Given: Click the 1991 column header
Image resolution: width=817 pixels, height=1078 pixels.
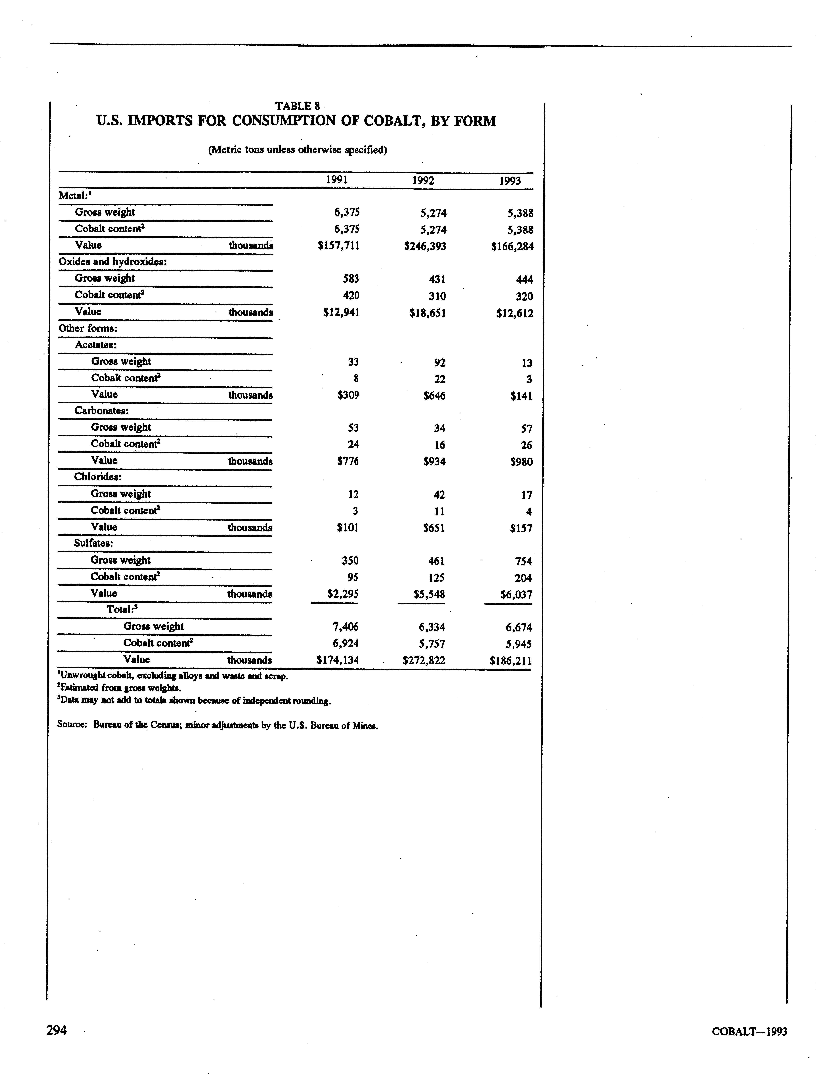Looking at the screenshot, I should tap(337, 180).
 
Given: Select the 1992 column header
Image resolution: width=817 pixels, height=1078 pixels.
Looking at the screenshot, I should tap(423, 180).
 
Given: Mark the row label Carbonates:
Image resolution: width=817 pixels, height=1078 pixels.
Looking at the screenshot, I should tap(101, 411).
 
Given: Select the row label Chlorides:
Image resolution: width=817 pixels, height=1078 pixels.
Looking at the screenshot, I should tap(98, 477).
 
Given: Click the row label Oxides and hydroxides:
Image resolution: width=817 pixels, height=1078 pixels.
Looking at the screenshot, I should tap(113, 262).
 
